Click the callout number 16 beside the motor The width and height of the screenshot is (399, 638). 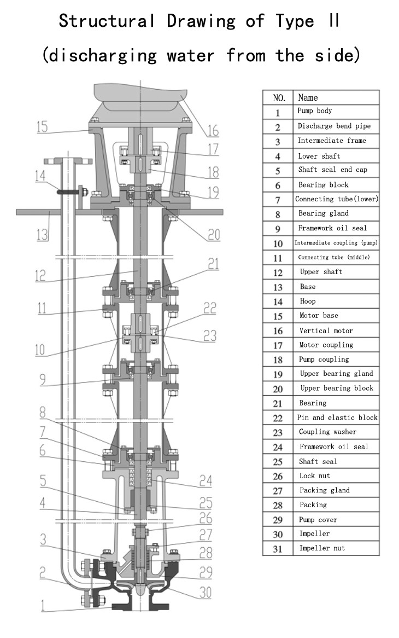(x=212, y=130)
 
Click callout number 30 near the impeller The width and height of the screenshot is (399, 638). (x=205, y=593)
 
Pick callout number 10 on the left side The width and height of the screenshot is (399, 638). (x=40, y=350)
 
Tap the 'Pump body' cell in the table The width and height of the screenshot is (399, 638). (x=314, y=111)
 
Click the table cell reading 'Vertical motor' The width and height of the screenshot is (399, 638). (x=326, y=330)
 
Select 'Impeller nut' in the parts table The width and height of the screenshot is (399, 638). (x=322, y=548)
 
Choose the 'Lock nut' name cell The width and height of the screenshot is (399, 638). (x=314, y=476)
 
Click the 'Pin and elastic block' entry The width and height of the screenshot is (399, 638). (x=337, y=417)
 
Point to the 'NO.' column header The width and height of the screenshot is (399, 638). (x=279, y=98)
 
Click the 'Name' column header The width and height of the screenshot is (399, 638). (x=308, y=97)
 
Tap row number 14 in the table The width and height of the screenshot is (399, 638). (x=278, y=301)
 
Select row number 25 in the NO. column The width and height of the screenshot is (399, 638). (x=278, y=462)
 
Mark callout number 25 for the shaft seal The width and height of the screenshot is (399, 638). (x=206, y=502)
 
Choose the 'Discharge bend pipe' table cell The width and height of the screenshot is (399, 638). (x=333, y=126)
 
